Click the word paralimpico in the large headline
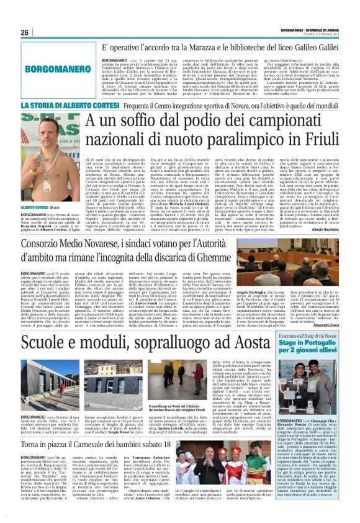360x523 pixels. pyautogui.click(x=235, y=145)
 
